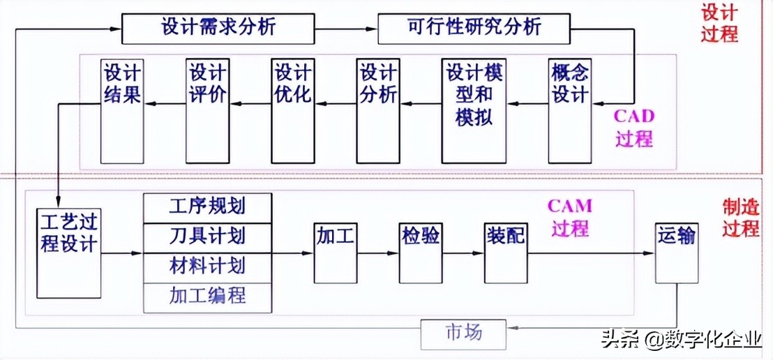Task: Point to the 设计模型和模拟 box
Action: (x=474, y=110)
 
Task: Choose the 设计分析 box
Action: (x=377, y=110)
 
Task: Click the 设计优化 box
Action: (x=292, y=110)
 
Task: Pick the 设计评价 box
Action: (x=207, y=110)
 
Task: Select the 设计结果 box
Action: (x=122, y=110)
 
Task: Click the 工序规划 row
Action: (x=207, y=206)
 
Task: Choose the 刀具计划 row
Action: (x=207, y=236)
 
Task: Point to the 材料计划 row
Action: (x=207, y=266)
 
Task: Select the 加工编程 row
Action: (x=207, y=296)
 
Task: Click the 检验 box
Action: (x=421, y=252)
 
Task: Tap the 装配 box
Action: (x=505, y=252)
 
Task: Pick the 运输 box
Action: (x=676, y=252)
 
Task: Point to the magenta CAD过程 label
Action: (x=633, y=127)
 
